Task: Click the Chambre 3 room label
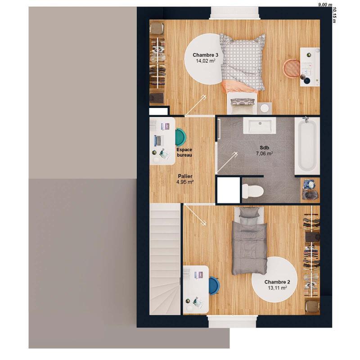tap(203, 55)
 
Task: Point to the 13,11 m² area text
tap(277, 288)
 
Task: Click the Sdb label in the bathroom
tap(264, 148)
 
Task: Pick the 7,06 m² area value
tap(264, 153)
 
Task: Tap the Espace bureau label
tap(184, 152)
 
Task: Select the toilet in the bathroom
tap(252, 191)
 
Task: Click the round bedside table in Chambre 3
tap(264, 108)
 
